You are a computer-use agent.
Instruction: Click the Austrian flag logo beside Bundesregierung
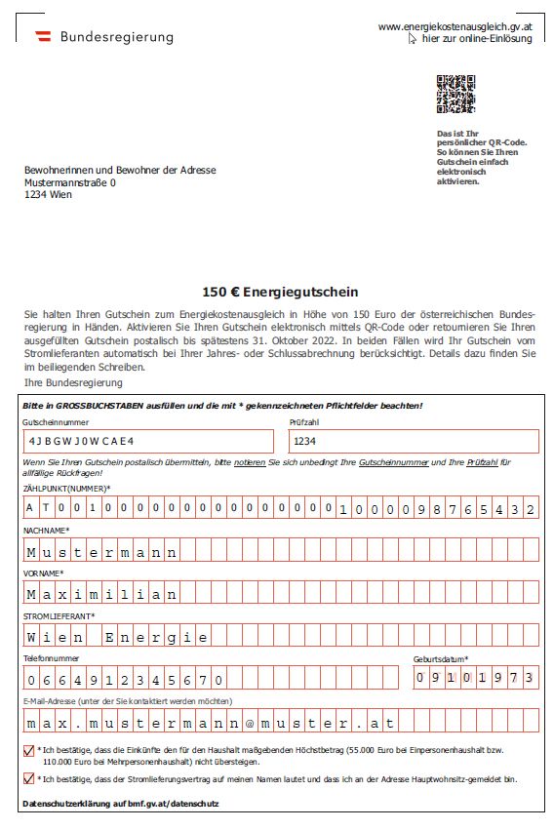tap(43, 36)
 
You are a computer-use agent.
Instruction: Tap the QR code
tap(455, 94)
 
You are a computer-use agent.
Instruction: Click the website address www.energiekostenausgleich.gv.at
tap(455, 26)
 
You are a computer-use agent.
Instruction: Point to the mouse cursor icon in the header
tap(413, 39)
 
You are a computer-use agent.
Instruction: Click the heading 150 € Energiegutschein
tap(280, 292)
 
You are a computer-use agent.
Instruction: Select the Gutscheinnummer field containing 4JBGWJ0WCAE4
tap(151, 441)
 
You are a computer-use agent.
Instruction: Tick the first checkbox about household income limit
tap(27, 750)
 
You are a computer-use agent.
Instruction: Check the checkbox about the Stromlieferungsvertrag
tap(27, 778)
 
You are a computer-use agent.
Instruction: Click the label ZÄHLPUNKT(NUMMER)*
tap(66, 488)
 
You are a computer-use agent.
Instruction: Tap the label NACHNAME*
tap(46, 530)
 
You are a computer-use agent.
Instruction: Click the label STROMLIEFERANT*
tap(59, 616)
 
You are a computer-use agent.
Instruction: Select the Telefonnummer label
tap(50, 659)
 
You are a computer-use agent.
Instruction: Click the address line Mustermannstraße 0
tap(69, 181)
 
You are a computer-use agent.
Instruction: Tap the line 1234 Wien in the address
tap(48, 193)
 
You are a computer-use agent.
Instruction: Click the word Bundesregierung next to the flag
tap(117, 37)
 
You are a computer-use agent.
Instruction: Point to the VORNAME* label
tap(43, 573)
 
